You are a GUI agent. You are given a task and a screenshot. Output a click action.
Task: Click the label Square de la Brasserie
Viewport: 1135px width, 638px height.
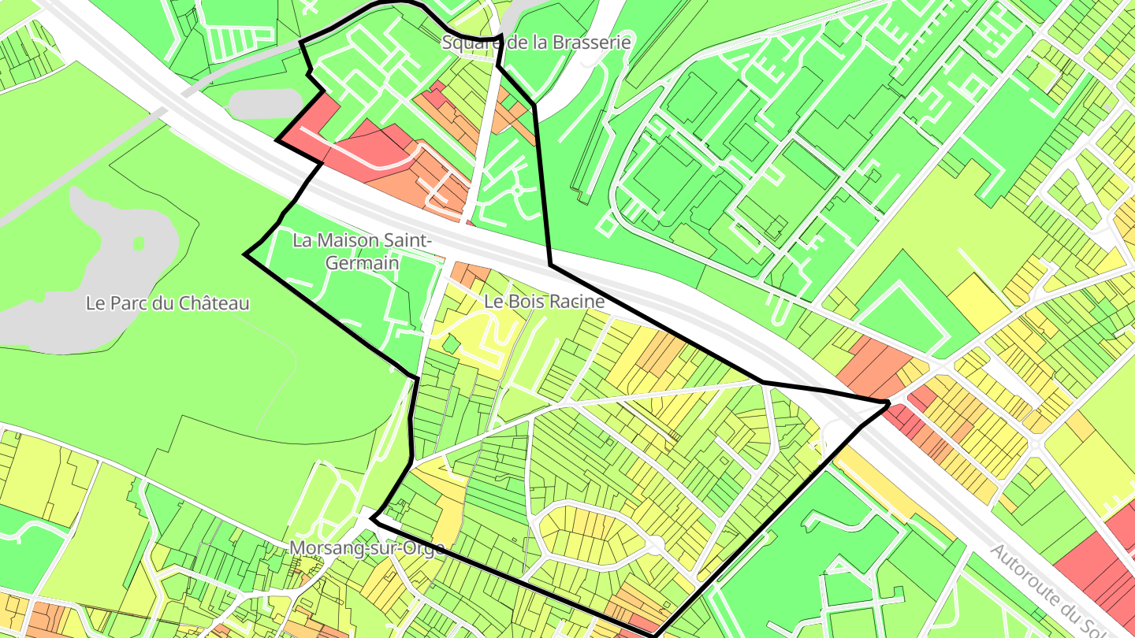point(536,43)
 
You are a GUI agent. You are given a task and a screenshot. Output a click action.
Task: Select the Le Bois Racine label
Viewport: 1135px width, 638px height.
point(544,301)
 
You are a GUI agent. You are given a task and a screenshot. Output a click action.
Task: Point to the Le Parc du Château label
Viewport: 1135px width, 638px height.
point(168,303)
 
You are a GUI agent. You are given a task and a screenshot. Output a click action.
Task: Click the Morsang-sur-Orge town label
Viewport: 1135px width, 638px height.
point(367,547)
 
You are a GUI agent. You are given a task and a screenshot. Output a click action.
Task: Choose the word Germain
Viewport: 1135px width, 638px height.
point(362,263)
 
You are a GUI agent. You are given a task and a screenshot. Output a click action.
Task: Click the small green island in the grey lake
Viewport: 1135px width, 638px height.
point(140,243)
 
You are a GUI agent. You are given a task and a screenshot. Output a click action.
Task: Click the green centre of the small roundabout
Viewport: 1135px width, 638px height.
point(516,191)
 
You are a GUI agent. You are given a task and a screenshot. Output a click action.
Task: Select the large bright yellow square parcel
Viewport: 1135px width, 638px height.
point(978,303)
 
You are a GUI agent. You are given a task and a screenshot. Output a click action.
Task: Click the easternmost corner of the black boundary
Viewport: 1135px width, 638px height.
point(888,403)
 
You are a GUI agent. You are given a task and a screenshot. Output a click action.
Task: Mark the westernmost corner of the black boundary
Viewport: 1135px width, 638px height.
point(246,255)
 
